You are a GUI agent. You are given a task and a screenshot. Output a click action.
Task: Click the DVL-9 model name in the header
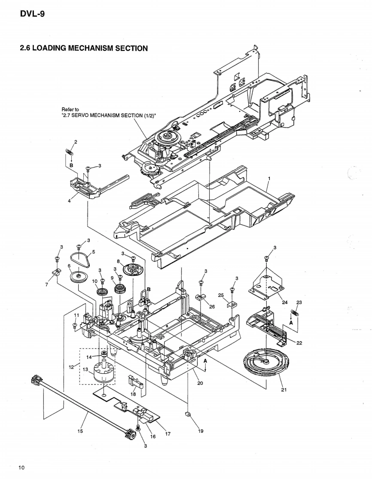point(32,14)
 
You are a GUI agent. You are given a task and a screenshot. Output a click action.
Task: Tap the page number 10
point(21,467)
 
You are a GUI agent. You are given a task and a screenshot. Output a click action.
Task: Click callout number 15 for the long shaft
point(80,430)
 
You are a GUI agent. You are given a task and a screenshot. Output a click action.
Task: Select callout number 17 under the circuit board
point(168,433)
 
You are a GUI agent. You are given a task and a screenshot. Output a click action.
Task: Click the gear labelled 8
point(132,270)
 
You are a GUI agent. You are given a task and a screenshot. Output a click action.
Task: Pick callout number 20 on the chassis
point(200,383)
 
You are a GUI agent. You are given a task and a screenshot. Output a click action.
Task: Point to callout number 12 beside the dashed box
point(72,366)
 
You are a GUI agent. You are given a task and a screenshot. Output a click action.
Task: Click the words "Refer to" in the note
point(70,109)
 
